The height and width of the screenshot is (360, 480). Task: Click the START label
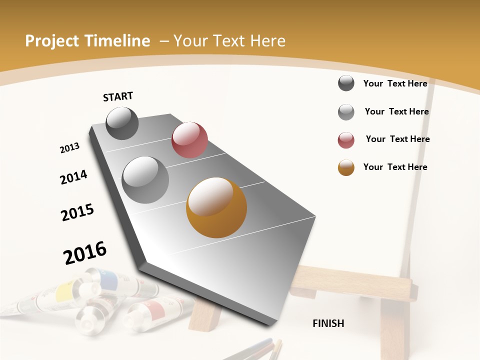[118, 96]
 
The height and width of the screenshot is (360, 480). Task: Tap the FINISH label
[328, 323]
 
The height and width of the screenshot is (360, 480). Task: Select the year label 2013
[69, 148]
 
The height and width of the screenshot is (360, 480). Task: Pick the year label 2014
[73, 177]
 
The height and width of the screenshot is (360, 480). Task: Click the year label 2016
[85, 253]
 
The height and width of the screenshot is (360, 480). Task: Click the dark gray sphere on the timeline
[122, 123]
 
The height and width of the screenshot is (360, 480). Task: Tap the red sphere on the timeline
[189, 140]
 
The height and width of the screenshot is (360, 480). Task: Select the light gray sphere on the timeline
[145, 180]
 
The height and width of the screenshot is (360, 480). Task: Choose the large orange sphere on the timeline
[216, 207]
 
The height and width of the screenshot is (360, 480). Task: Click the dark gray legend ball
[346, 83]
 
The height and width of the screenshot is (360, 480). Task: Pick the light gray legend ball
[346, 112]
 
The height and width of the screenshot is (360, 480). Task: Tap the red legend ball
[346, 140]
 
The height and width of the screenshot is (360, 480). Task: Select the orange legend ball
[346, 167]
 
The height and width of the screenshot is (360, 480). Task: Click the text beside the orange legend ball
[395, 167]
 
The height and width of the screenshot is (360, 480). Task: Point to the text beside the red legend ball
[397, 139]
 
